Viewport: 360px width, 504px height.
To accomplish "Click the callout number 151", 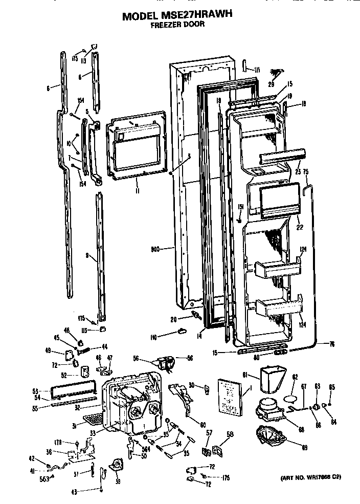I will (240, 206).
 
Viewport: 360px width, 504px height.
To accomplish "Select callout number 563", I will (45, 479).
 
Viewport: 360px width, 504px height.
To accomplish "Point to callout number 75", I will (306, 172).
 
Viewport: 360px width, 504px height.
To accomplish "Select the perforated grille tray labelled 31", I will (93, 420).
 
